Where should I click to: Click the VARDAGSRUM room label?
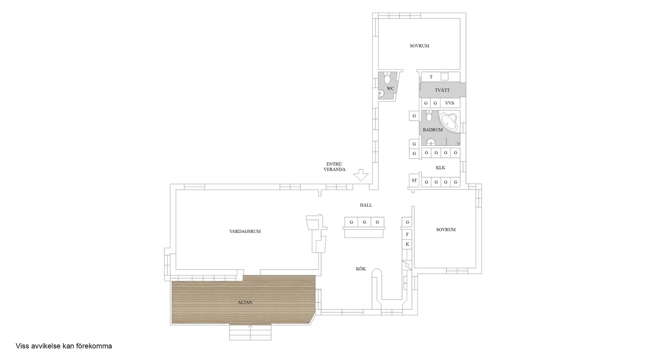[245, 231]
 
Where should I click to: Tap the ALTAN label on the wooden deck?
[245, 302]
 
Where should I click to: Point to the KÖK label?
[361, 269]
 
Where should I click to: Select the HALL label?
[366, 205]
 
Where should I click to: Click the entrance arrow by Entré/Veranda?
[361, 175]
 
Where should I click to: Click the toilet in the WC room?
[387, 78]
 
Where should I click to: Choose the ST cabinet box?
[414, 180]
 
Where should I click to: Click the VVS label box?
[449, 103]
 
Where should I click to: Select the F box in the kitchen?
[407, 234]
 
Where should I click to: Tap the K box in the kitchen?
[407, 244]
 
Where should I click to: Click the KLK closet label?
[440, 167]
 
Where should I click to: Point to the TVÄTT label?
[442, 90]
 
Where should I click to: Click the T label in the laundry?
[431, 77]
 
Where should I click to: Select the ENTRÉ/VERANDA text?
[334, 167]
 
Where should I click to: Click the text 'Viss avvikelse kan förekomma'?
[64, 346]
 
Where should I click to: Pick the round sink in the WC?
[381, 93]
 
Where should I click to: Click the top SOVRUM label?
[419, 46]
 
